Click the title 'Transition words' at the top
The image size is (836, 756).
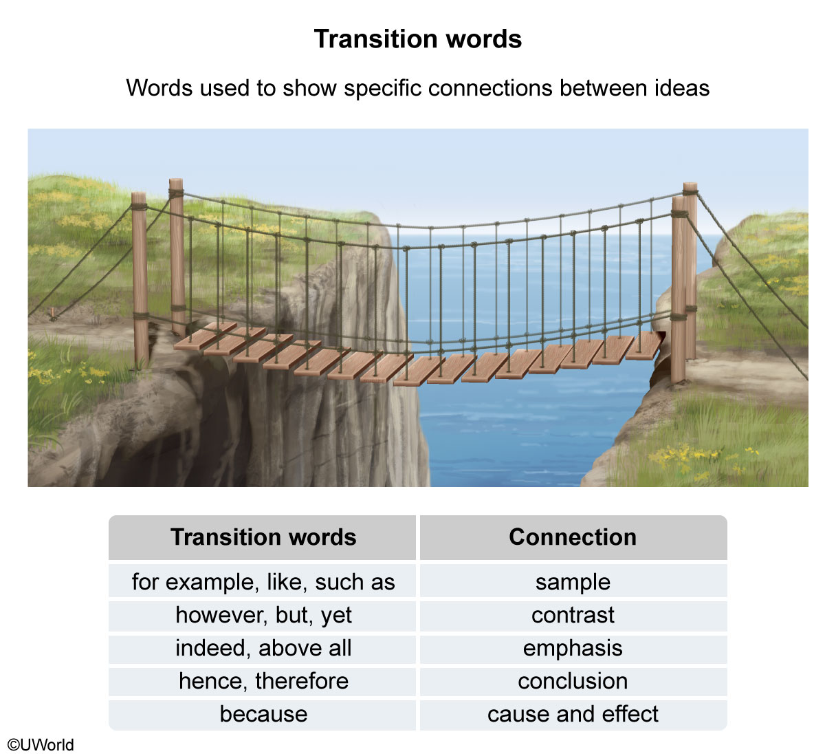[x=417, y=39]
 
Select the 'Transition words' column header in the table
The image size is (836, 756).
[x=263, y=537]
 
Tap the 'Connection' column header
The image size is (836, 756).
[x=573, y=537]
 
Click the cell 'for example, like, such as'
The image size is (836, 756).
[x=263, y=582]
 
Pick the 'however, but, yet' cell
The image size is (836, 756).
[x=263, y=615]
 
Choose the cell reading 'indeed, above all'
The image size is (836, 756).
[x=263, y=648]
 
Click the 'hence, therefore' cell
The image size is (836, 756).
[x=263, y=681]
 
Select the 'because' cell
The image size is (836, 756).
[x=263, y=714]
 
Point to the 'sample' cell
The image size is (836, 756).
[x=573, y=582]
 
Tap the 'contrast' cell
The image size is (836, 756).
[x=573, y=615]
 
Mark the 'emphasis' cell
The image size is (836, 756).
[x=573, y=648]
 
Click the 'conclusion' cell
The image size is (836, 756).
[x=573, y=681]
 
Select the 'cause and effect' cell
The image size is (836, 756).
[x=573, y=714]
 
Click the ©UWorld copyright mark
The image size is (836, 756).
[x=41, y=745]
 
